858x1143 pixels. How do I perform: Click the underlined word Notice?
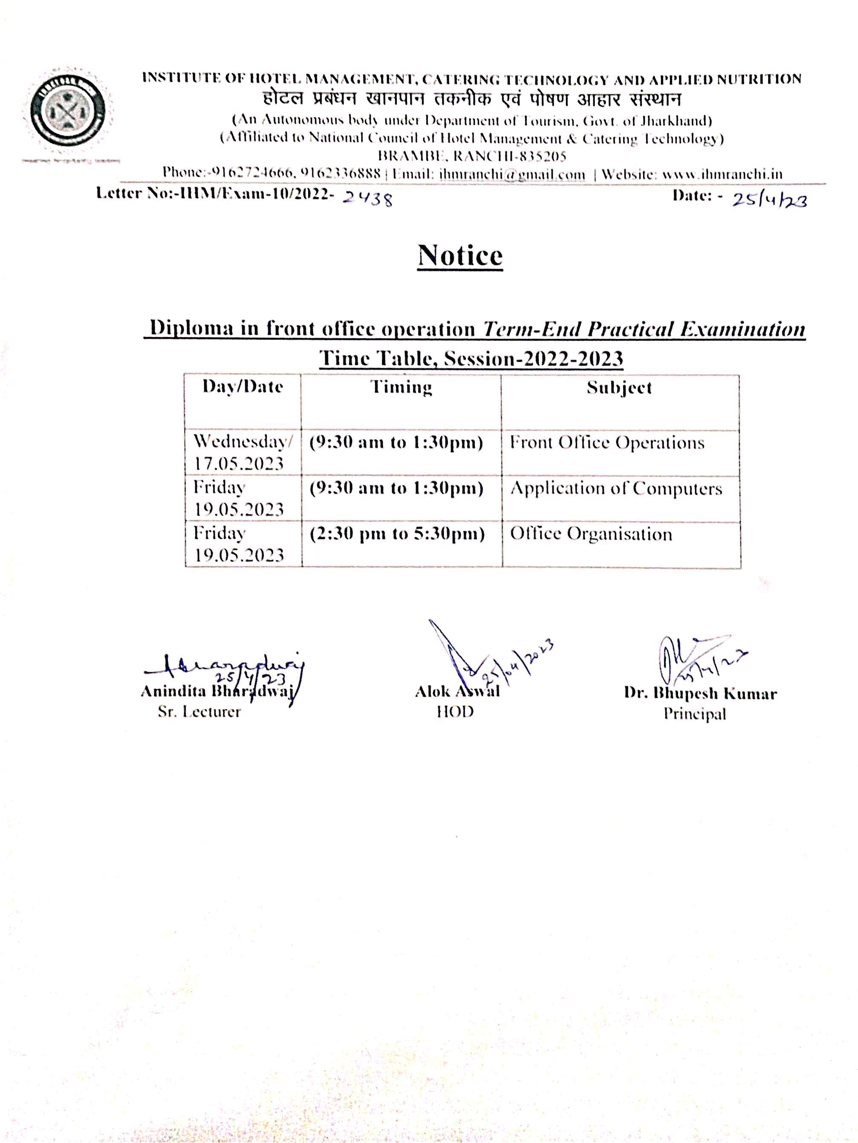pyautogui.click(x=459, y=255)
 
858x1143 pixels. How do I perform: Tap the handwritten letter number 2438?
pyautogui.click(x=367, y=197)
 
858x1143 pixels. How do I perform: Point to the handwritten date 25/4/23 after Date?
pyautogui.click(x=769, y=199)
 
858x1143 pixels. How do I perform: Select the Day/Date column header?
pyautogui.click(x=243, y=386)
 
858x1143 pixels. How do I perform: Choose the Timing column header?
pyautogui.click(x=401, y=387)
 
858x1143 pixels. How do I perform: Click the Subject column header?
pyautogui.click(x=619, y=388)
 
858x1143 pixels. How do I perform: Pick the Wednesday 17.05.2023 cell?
pyautogui.click(x=243, y=452)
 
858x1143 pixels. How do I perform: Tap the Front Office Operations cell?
pyautogui.click(x=607, y=443)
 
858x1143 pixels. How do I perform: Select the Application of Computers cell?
pyautogui.click(x=615, y=488)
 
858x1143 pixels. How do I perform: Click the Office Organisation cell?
pyautogui.click(x=591, y=534)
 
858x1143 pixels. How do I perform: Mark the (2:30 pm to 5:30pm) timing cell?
pyautogui.click(x=397, y=534)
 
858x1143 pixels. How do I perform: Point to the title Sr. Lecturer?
pyautogui.click(x=199, y=712)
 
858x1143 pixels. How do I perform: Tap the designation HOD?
pyautogui.click(x=455, y=712)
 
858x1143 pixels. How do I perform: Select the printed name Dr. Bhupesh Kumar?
pyautogui.click(x=700, y=694)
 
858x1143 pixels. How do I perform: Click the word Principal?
pyautogui.click(x=695, y=714)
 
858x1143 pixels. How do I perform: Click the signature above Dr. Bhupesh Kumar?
pyautogui.click(x=698, y=659)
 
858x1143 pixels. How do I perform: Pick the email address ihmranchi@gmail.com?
pyautogui.click(x=512, y=175)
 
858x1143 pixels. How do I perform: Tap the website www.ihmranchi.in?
pyautogui.click(x=722, y=175)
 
